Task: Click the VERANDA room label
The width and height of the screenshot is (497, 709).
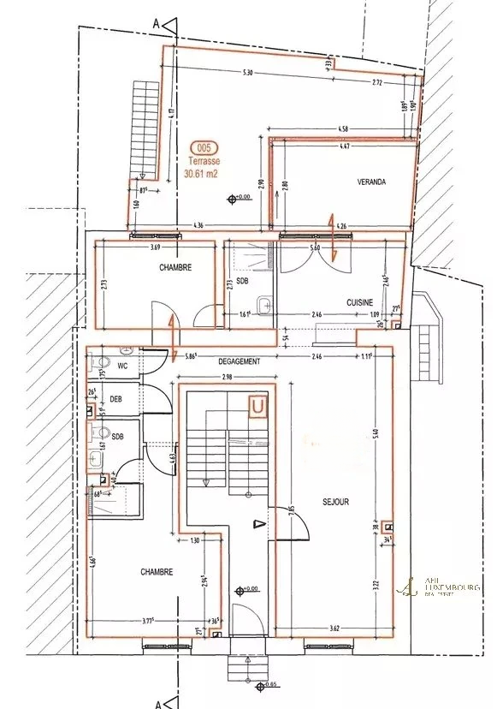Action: point(371,182)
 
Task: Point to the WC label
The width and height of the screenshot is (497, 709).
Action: point(122,366)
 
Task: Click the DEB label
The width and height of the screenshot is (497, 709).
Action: point(116,399)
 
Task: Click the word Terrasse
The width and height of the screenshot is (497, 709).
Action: point(204,159)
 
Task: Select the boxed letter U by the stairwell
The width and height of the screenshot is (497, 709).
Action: point(256,406)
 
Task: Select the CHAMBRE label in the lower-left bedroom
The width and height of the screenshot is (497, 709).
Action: point(157,572)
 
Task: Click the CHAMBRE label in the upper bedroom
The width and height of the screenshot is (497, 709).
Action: point(175,267)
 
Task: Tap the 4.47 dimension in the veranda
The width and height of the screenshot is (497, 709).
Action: point(344,147)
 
